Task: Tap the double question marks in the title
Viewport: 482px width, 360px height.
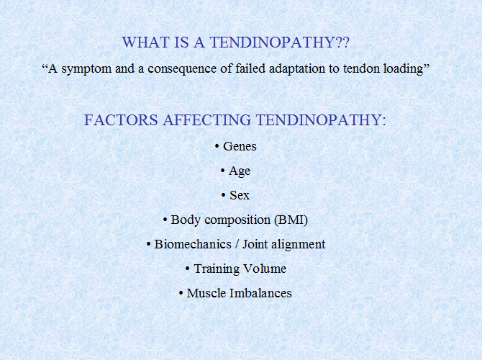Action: pyautogui.click(x=342, y=42)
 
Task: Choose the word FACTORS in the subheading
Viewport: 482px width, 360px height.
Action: pyautogui.click(x=121, y=120)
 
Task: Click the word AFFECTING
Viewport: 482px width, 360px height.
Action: pyautogui.click(x=207, y=120)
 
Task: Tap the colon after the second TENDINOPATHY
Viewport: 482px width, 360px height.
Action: pyautogui.click(x=384, y=122)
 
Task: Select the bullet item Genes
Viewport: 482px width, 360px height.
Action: pyautogui.click(x=240, y=146)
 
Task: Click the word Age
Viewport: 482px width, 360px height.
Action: pyautogui.click(x=240, y=171)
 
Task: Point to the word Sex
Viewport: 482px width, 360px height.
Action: pyautogui.click(x=240, y=195)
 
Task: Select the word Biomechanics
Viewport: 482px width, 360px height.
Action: pyautogui.click(x=193, y=244)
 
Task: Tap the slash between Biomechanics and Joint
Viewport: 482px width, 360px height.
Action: pyautogui.click(x=237, y=244)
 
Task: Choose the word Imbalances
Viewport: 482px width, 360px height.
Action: pyautogui.click(x=260, y=293)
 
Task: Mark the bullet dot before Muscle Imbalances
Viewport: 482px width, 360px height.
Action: pyautogui.click(x=181, y=293)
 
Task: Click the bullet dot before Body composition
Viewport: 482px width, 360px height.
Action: pyautogui.click(x=165, y=220)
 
